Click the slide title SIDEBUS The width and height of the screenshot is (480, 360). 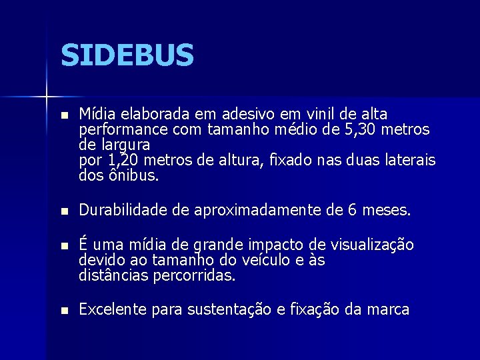point(127,55)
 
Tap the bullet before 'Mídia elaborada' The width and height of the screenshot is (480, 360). point(64,115)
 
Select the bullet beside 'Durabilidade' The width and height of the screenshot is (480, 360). point(64,211)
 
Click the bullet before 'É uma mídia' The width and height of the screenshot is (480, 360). point(64,246)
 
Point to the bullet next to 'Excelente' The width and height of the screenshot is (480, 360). point(64,310)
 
